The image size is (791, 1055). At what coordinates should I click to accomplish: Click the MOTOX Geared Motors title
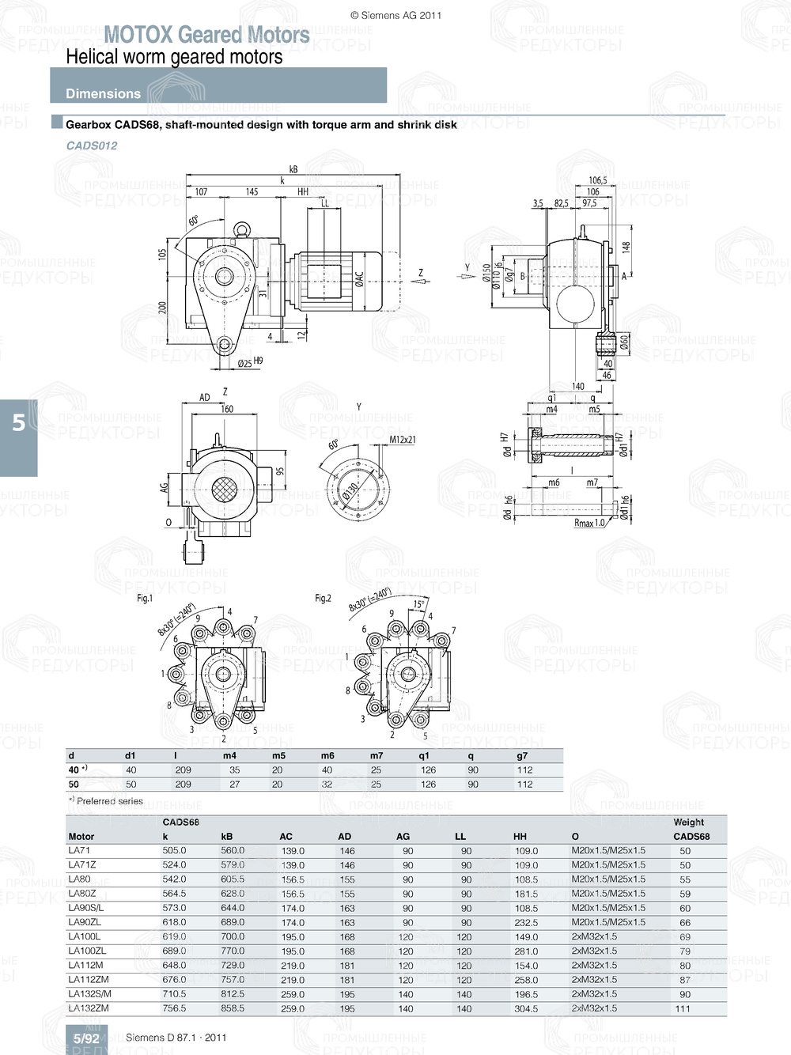[206, 35]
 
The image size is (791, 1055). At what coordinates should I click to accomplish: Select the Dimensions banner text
[103, 93]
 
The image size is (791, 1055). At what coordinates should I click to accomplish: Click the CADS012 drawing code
[92, 146]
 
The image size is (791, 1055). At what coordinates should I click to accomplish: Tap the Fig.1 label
[145, 599]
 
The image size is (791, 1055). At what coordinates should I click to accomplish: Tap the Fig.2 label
[323, 599]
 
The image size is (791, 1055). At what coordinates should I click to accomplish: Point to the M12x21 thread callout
[403, 440]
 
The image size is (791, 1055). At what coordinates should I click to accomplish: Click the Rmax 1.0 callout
[589, 523]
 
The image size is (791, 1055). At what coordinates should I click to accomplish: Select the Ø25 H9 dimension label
[250, 362]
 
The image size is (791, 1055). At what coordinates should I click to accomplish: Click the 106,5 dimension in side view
[597, 180]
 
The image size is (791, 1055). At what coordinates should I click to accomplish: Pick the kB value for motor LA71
[233, 851]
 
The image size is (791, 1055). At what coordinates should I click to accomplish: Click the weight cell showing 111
[683, 1008]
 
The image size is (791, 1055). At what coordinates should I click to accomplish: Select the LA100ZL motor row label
[87, 951]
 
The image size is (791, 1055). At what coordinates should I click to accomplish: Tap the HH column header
[520, 837]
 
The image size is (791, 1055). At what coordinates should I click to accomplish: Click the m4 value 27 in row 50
[234, 785]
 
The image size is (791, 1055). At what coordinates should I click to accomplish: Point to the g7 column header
[522, 756]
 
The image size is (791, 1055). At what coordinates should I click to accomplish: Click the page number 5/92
[86, 1038]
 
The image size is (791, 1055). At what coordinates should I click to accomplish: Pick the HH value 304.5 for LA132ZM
[526, 1008]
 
